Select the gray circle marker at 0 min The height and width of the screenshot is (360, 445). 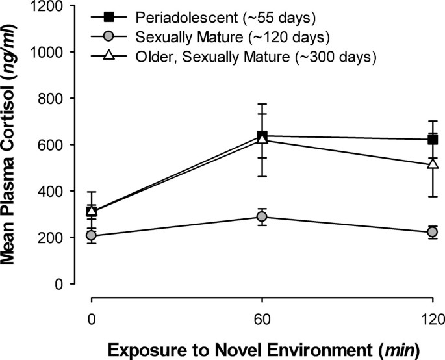click(x=92, y=235)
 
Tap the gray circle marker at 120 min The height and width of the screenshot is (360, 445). click(x=433, y=232)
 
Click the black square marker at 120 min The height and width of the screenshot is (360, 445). click(x=433, y=139)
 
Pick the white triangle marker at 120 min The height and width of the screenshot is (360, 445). click(x=433, y=164)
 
